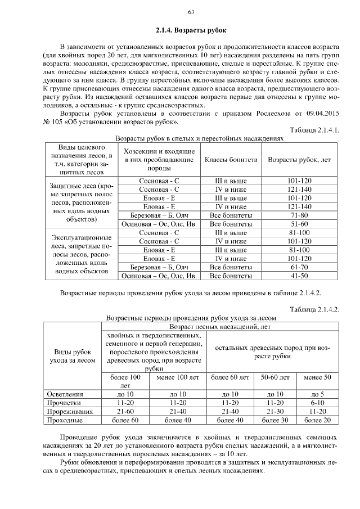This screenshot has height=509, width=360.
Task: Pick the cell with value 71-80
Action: pos(299,215)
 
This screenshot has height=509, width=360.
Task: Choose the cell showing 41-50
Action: pos(299,276)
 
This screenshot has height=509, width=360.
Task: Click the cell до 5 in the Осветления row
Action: pos(317,394)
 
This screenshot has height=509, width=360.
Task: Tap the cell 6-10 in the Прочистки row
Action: pos(317,403)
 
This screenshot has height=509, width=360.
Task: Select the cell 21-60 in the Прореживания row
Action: pos(125,411)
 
